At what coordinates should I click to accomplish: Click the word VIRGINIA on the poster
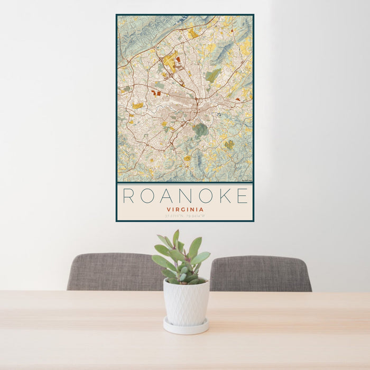coord(185,209)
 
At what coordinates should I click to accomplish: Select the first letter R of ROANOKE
coord(128,196)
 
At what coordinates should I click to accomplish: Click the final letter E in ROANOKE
coord(242,196)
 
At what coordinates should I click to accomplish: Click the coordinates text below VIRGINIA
coord(185,216)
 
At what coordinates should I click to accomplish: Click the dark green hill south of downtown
coord(200,129)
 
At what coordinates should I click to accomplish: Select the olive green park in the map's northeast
coord(213,76)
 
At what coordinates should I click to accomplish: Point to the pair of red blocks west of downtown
coord(155,93)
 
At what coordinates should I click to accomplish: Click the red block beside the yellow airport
coord(179,60)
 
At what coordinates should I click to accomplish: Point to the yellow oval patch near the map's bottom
coord(187,158)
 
